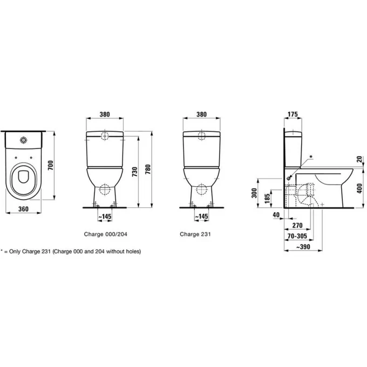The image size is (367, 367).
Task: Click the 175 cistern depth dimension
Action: [x=294, y=114]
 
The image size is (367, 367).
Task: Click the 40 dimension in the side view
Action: [x=276, y=215]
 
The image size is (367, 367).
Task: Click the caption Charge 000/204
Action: [x=105, y=235]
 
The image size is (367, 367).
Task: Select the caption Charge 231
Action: [x=195, y=235]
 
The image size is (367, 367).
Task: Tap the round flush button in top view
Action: [x=24, y=140]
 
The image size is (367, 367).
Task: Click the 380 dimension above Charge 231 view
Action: [x=201, y=114]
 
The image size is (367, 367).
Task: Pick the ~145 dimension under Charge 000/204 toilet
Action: [x=105, y=216]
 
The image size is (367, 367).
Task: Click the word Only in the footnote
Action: [x=15, y=252]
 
